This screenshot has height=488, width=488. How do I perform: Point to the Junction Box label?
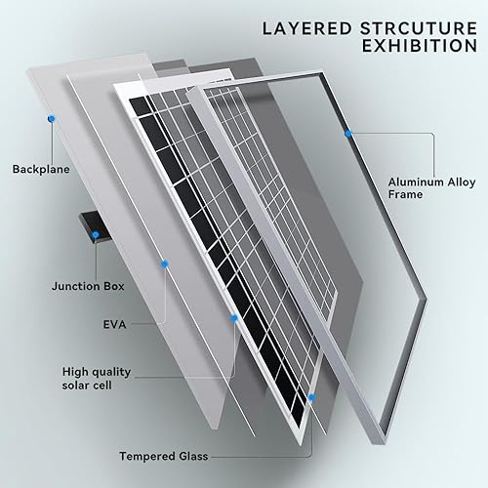pos(87,287)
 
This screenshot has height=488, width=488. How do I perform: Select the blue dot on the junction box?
pos(95,234)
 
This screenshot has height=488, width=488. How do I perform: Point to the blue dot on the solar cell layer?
pos(234,317)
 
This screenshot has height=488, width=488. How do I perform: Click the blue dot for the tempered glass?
pos(312,398)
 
